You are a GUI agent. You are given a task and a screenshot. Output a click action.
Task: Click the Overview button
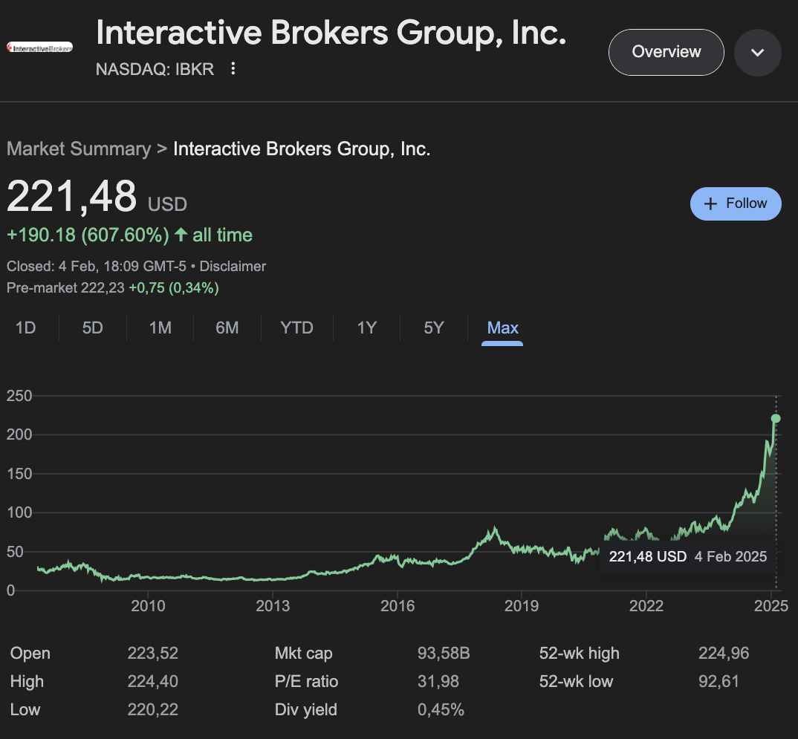[666, 52]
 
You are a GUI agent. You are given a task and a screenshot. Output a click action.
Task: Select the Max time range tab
[502, 328]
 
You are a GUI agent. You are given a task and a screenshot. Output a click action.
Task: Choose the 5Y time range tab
[433, 328]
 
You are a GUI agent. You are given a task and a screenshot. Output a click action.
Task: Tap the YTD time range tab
[296, 328]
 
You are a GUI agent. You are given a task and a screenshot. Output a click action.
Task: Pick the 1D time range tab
[26, 328]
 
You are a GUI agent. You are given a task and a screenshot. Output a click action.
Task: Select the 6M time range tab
[227, 328]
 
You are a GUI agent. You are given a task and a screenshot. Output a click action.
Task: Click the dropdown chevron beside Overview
[757, 53]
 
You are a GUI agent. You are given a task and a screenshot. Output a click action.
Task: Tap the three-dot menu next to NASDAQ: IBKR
[233, 69]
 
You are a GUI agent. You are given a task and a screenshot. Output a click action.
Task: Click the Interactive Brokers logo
[39, 48]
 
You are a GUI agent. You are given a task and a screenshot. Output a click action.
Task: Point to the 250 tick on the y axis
[19, 396]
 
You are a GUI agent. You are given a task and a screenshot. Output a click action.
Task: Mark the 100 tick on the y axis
[19, 512]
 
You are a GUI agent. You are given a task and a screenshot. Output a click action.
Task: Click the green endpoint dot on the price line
[776, 418]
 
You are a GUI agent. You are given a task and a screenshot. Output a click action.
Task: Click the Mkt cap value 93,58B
[444, 654]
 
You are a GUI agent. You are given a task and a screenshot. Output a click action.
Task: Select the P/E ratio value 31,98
[438, 681]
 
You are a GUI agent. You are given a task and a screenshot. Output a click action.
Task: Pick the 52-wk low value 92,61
[718, 681]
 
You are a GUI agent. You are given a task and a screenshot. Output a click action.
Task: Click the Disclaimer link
[233, 266]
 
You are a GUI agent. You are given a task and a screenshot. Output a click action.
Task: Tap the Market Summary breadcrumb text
[78, 149]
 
